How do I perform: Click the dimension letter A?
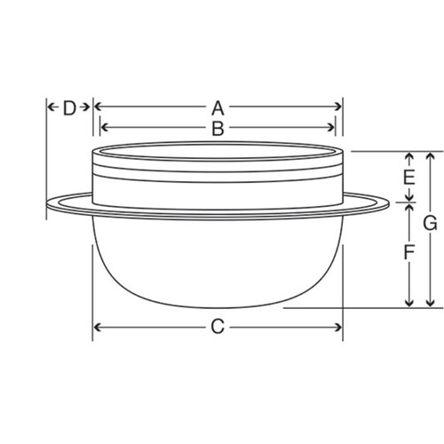click(217, 107)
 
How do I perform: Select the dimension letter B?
click(217, 129)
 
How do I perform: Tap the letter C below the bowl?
click(218, 327)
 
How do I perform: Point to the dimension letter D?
click(68, 107)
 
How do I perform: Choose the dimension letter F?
click(408, 253)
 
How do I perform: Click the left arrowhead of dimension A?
click(97, 107)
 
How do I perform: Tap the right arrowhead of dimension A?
click(338, 107)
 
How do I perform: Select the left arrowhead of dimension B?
click(103, 129)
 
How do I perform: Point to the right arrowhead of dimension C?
click(338, 327)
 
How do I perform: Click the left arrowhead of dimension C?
click(97, 327)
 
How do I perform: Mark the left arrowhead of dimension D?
click(50, 107)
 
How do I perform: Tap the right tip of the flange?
click(389, 203)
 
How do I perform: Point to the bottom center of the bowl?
click(218, 307)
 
